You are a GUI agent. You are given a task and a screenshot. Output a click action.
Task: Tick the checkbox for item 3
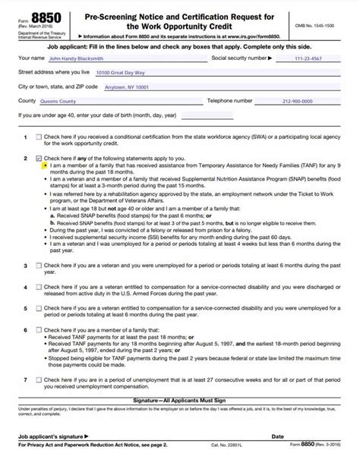tap(38, 266)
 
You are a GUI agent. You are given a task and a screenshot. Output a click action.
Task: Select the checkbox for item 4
tap(38, 288)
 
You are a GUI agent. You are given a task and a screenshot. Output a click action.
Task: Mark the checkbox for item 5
tap(38, 309)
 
